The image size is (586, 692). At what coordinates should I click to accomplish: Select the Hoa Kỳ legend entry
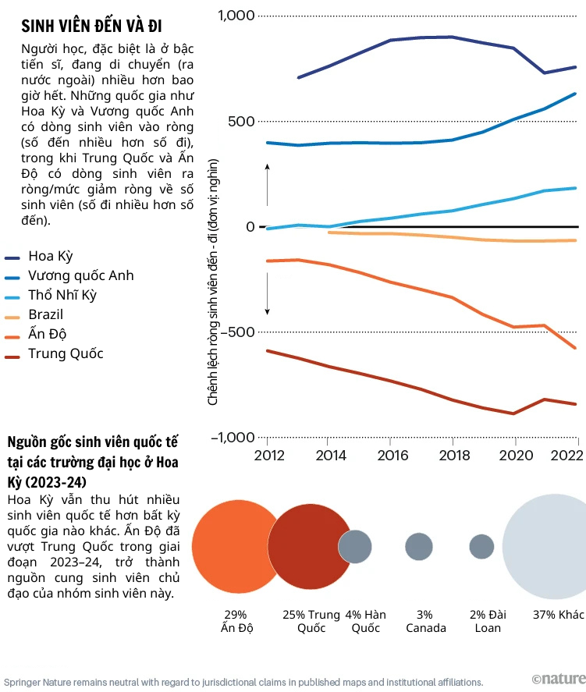pyautogui.click(x=50, y=256)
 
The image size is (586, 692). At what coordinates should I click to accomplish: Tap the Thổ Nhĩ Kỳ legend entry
pyautogui.click(x=62, y=295)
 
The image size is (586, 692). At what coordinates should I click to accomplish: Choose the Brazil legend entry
pyautogui.click(x=45, y=314)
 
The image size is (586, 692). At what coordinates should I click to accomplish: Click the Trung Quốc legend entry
pyautogui.click(x=66, y=353)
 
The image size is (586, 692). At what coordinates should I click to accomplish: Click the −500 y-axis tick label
pyautogui.click(x=237, y=332)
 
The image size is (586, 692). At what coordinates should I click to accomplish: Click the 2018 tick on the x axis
pyautogui.click(x=453, y=456)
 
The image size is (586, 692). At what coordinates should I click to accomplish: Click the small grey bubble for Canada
pyautogui.click(x=419, y=546)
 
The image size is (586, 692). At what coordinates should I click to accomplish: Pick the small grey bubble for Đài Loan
pyautogui.click(x=481, y=546)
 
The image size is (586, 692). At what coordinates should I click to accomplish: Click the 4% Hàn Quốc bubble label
pyautogui.click(x=365, y=621)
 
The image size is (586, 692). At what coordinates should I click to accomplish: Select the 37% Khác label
pyautogui.click(x=559, y=615)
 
